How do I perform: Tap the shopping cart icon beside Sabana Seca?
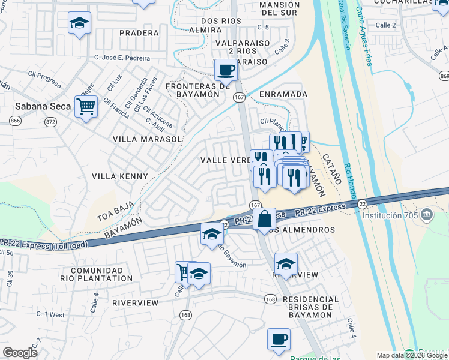point(86,107)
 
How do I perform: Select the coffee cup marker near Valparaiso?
point(226,70)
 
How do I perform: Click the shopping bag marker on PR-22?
point(264,219)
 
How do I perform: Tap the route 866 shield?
point(16,121)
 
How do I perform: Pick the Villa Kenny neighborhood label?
point(119,176)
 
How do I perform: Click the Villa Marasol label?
point(147,139)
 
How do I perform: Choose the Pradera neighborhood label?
point(139,33)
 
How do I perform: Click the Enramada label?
point(283,94)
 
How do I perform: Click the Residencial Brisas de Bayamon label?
point(310,307)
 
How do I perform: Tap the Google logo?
point(20,353)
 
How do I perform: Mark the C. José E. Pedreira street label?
point(122,58)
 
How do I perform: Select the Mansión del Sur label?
point(263,8)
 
